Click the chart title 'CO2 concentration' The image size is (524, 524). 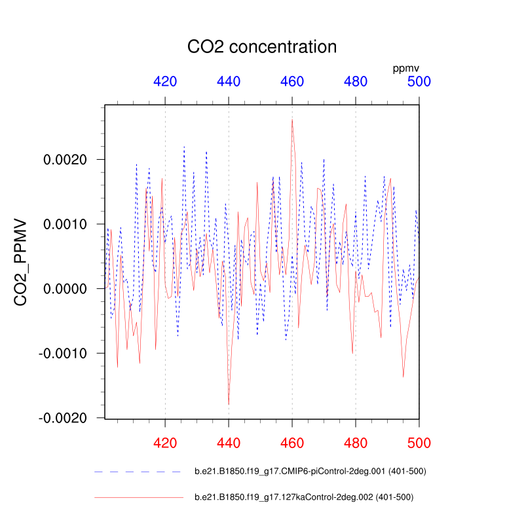[x=262, y=47]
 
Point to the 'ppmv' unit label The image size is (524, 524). [x=405, y=68]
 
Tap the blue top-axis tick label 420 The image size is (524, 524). [x=165, y=82]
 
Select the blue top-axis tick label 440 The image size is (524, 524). [x=229, y=82]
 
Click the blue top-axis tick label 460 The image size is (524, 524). [x=292, y=82]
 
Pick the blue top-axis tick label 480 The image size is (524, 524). [x=356, y=82]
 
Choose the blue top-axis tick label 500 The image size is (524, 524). [x=419, y=82]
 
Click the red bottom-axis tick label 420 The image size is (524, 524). [x=165, y=443]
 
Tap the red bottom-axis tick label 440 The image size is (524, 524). [x=229, y=443]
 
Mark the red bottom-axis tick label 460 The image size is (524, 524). [x=292, y=443]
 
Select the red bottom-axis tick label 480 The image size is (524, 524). [x=356, y=443]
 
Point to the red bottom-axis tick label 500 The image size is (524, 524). [x=419, y=443]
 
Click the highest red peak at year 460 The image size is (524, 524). [x=292, y=119]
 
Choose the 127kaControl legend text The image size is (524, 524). [x=304, y=497]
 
